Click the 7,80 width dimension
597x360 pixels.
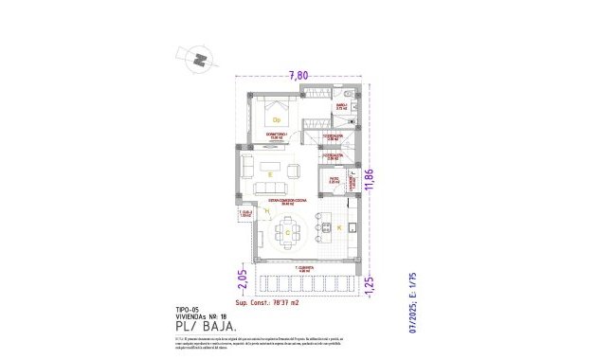point(298,75)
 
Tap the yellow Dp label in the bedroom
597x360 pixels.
point(277,120)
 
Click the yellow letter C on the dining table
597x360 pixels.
point(286,231)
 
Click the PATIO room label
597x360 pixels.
point(334,178)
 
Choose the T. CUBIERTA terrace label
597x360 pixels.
point(302,268)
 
